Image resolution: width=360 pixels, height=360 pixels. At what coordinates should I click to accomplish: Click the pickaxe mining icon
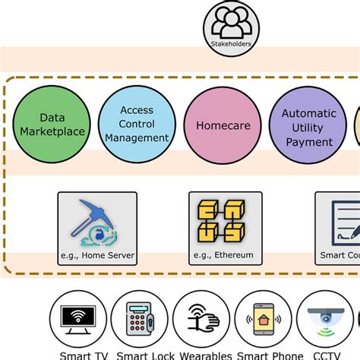click(96, 221)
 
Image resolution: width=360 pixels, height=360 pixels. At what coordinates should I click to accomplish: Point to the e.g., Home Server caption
click(97, 256)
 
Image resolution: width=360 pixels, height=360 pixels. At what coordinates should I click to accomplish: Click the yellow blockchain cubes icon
click(226, 221)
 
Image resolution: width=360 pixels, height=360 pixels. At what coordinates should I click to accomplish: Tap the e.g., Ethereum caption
click(226, 256)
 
